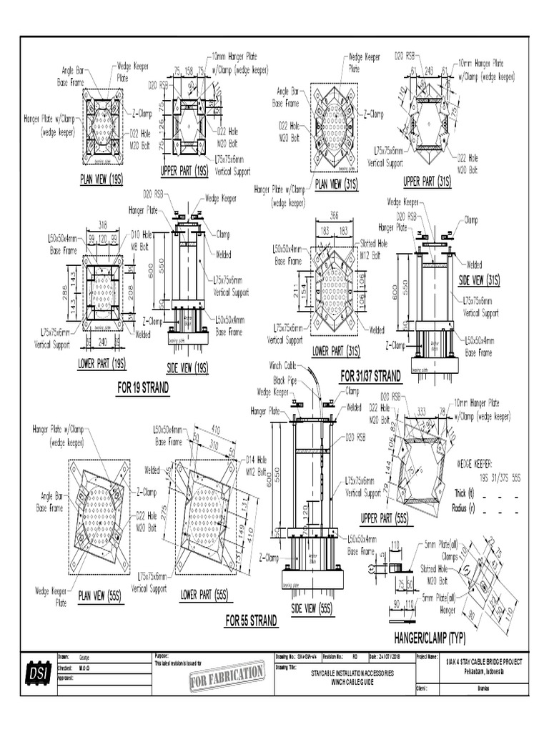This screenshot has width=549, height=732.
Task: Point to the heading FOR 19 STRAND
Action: [x=143, y=388]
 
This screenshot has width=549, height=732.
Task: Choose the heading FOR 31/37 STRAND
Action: [x=370, y=375]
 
